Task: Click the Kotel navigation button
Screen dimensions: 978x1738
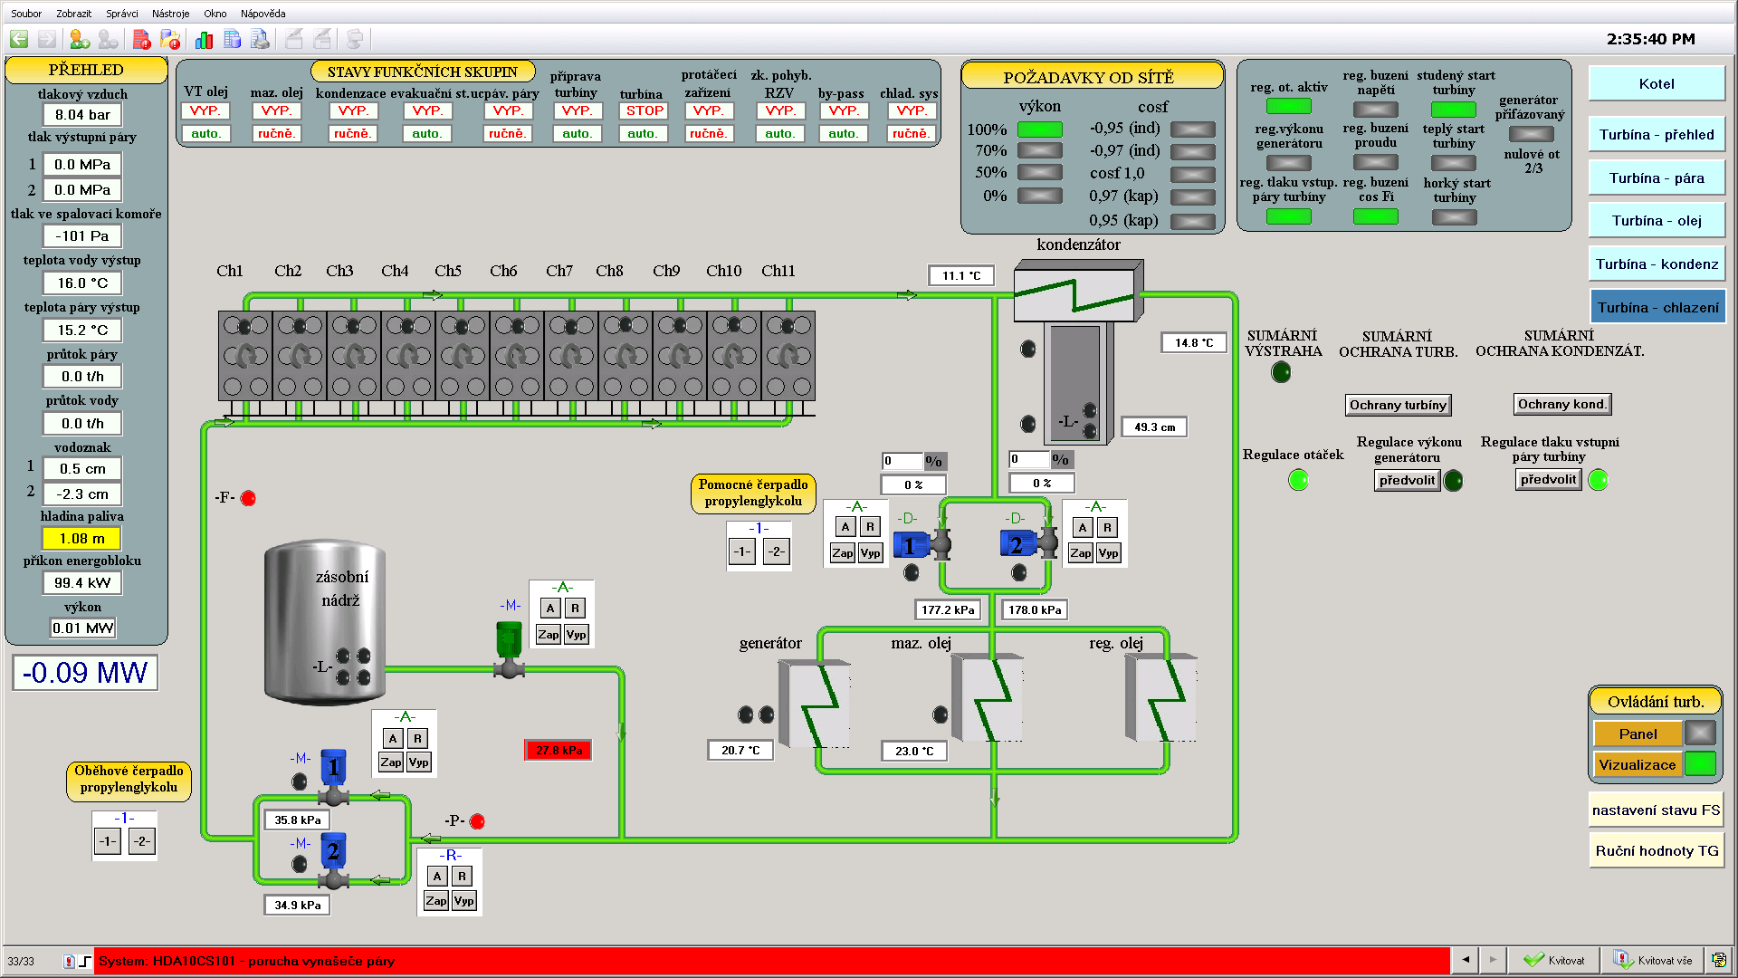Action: [1656, 83]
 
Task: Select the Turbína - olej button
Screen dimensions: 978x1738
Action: [1656, 221]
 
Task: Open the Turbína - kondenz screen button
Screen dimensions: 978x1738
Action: [1656, 264]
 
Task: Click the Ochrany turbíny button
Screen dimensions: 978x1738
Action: [1398, 405]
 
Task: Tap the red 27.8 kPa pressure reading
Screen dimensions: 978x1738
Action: [559, 750]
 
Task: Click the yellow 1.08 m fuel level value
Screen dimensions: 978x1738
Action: [81, 539]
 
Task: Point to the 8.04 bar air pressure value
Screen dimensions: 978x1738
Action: [81, 115]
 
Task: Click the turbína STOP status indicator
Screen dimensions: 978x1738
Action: [645, 110]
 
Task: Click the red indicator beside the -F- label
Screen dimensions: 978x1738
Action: [248, 498]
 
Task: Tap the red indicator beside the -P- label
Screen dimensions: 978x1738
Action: [477, 821]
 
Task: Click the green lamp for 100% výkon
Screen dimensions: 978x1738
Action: [1039, 129]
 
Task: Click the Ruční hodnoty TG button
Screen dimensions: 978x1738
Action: [1656, 851]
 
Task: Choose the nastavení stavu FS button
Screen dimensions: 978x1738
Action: [1656, 810]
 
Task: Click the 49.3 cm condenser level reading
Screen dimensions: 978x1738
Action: [1154, 427]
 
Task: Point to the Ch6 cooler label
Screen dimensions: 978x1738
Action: [503, 271]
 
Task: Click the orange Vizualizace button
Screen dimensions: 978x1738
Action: [1637, 765]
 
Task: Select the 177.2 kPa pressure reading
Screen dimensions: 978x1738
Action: [948, 610]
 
